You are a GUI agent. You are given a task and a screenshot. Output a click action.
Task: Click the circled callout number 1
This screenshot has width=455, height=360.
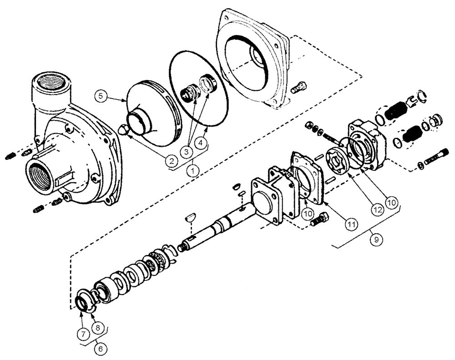coord(194,171)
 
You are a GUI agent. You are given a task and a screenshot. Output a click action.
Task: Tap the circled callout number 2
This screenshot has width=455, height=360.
coord(171,160)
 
